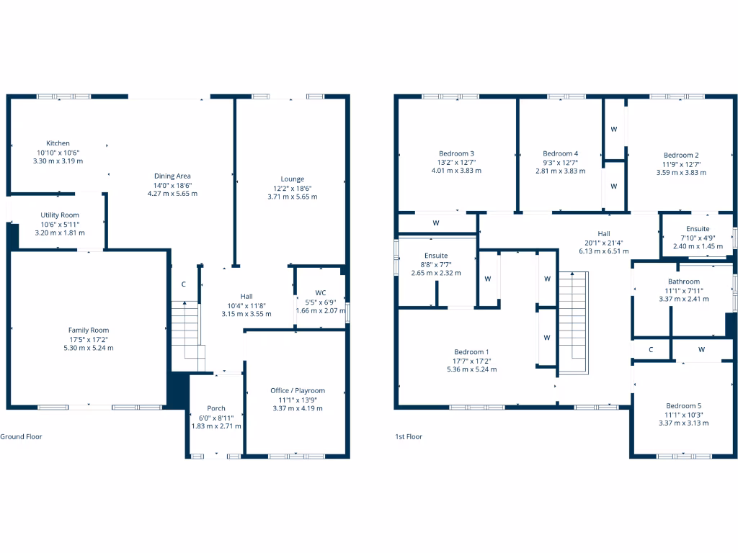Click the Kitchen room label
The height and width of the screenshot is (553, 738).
[58, 143]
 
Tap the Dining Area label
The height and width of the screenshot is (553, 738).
[172, 176]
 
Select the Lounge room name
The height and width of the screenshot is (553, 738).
[292, 179]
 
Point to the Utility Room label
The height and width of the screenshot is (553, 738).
[59, 215]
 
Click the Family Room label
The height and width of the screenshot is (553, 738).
[89, 331]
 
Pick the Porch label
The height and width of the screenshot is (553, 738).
[216, 408]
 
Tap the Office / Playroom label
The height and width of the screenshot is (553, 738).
[298, 391]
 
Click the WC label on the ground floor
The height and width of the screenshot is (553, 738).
[321, 292]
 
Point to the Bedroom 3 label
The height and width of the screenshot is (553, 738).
[456, 153]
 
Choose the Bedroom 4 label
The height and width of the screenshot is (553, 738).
[560, 153]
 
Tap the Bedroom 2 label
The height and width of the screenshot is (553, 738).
[681, 155]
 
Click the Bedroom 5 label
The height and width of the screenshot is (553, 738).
[683, 405]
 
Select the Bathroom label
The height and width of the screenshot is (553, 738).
[683, 282]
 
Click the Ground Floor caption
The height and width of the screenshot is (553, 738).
[21, 436]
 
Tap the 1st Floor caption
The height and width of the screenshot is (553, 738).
[409, 436]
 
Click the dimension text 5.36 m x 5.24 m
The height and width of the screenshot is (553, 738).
[471, 369]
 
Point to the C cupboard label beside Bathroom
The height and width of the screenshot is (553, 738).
[651, 350]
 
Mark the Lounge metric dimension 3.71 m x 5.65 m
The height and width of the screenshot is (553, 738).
[292, 197]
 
